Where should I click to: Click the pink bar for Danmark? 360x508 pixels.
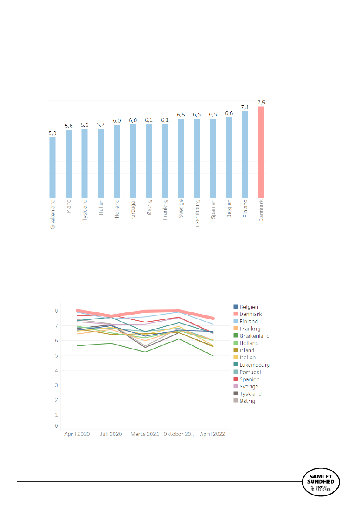pos(261,152)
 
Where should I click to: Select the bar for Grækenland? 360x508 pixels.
pos(52,167)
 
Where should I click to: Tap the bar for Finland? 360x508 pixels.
pos(245,154)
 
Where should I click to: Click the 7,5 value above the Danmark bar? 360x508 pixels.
pos(261,103)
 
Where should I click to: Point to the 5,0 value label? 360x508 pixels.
pos(52,133)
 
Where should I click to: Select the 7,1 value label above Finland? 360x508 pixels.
pos(245,107)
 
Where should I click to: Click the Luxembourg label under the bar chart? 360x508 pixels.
pos(197,214)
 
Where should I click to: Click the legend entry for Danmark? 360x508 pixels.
pos(250,314)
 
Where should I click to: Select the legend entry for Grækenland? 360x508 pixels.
pos(255,336)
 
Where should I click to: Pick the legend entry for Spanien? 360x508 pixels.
pos(249,379)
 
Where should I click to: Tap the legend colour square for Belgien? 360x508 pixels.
pos(236,307)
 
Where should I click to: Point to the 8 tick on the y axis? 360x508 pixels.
pos(56,311)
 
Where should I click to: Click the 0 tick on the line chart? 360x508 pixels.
pos(56,426)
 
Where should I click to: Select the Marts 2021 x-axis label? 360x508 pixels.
pos(145,434)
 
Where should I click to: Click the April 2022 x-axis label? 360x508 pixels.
pos(212,434)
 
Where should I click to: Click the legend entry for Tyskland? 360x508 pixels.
pos(251,394)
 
